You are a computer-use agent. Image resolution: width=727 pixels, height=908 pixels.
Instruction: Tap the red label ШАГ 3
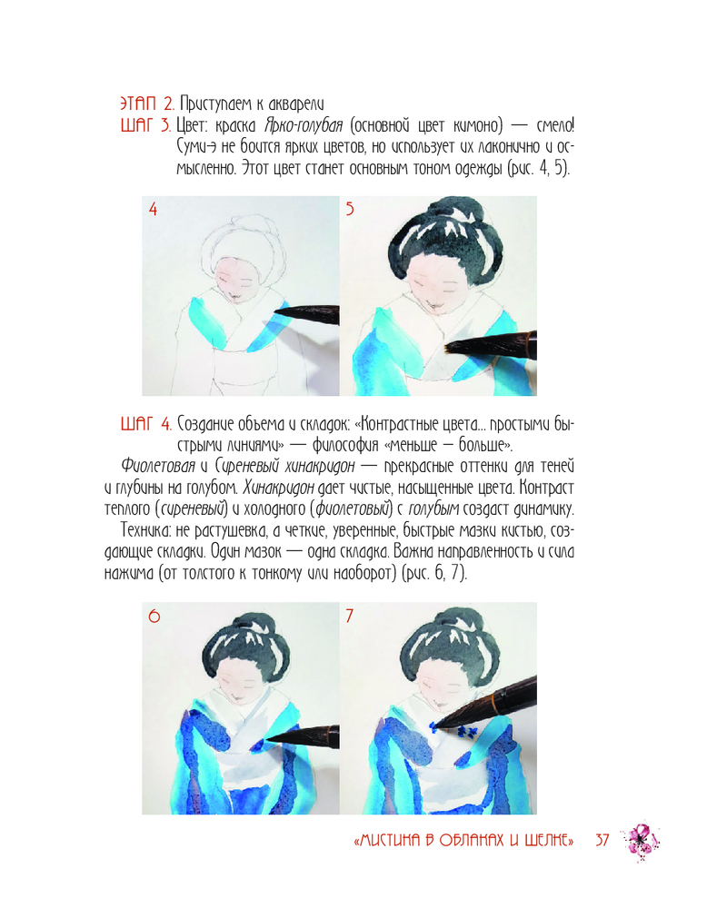[145, 125]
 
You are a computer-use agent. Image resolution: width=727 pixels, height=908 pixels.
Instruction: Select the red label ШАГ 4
[146, 424]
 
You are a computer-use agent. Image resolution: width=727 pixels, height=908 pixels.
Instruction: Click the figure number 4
[153, 209]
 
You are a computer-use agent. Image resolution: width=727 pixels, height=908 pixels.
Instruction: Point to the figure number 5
[350, 209]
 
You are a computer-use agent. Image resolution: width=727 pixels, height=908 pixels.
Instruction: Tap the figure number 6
[154, 616]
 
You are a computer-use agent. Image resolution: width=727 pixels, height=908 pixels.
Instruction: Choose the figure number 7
[350, 616]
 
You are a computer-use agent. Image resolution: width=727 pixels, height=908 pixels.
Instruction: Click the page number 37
[603, 840]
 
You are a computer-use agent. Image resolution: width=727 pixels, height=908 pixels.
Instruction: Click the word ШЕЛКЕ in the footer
[547, 840]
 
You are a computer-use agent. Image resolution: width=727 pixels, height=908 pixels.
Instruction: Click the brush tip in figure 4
[275, 314]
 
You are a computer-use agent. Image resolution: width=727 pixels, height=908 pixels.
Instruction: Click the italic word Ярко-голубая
[304, 125]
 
